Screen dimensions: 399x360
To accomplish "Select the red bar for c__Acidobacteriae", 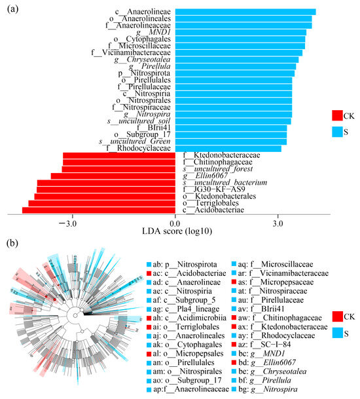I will (x=99, y=210).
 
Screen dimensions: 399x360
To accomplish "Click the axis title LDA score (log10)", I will (x=175, y=232).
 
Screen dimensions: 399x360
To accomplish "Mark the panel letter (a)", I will (x=11, y=9).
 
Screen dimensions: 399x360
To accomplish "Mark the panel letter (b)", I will (x=11, y=243).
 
